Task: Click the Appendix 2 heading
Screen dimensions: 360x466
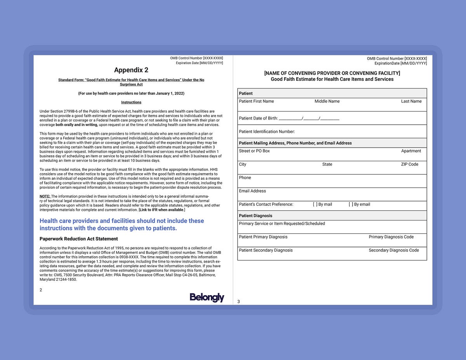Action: pyautogui.click(x=131, y=70)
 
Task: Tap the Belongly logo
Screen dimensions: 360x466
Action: pyautogui.click(x=207, y=297)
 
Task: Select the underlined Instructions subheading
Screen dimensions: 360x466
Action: pyautogui.click(x=131, y=103)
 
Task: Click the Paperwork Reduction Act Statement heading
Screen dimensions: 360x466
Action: pyautogui.click(x=78, y=239)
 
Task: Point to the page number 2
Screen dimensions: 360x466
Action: pyautogui.click(x=41, y=290)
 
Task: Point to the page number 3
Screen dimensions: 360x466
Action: pyautogui.click(x=238, y=302)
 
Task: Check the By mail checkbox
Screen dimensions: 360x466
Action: pyautogui.click(x=315, y=204)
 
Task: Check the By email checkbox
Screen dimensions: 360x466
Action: pyautogui.click(x=351, y=204)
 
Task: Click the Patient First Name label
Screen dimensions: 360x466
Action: pyautogui.click(x=256, y=101)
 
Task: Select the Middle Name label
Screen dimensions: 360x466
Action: pyautogui.click(x=327, y=101)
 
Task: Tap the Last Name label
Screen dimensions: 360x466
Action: pyautogui.click(x=411, y=101)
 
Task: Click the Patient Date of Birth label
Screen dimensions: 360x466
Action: pyautogui.click(x=258, y=118)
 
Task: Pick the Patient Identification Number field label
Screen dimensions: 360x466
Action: pyautogui.click(x=267, y=132)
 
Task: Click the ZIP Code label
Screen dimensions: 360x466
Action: pyautogui.click(x=410, y=164)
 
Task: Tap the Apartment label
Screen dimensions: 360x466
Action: pyautogui.click(x=411, y=151)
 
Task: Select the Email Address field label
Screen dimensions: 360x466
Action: pyautogui.click(x=252, y=191)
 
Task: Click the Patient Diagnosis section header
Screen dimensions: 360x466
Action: pyautogui.click(x=256, y=216)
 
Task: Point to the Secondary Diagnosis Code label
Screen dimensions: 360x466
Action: pyautogui.click(x=394, y=250)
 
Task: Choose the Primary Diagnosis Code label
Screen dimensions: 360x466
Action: pyautogui.click(x=391, y=237)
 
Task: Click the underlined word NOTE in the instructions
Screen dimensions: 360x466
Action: pyautogui.click(x=45, y=197)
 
